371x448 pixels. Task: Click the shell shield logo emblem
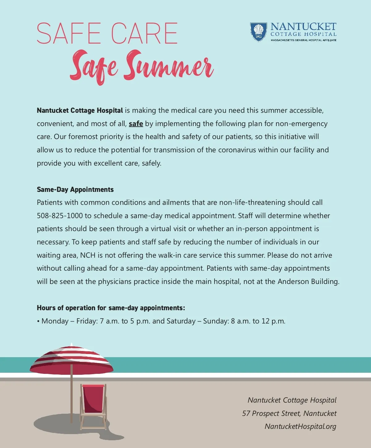[258, 32]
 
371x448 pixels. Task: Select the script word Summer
[168, 66]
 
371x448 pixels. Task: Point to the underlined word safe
[136, 124]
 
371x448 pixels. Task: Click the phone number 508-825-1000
[60, 216]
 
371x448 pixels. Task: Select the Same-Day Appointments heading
[75, 189]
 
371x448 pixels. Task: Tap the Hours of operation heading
[111, 308]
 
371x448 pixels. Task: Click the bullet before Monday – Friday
[38, 321]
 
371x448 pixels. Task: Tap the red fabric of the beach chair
[93, 399]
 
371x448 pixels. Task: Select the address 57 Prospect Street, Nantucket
[289, 413]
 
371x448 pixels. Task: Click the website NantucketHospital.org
[300, 426]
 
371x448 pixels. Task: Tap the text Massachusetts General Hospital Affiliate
[303, 40]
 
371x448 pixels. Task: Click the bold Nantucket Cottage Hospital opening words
[80, 110]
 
